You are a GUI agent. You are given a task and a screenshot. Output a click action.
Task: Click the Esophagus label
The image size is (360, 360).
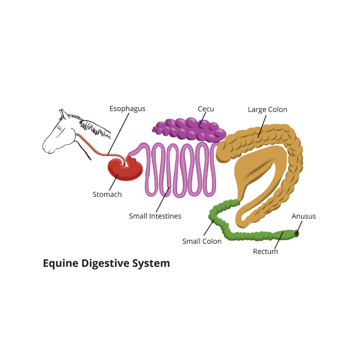pyautogui.click(x=128, y=109)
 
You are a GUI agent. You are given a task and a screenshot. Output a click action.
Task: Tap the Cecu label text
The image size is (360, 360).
pyautogui.click(x=206, y=109)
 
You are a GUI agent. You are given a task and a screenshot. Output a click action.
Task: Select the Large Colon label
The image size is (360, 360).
pyautogui.click(x=267, y=110)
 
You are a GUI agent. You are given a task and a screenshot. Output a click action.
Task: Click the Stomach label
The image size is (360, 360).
pyautogui.click(x=107, y=194)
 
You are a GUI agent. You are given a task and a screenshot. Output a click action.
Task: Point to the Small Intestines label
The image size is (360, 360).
pyautogui.click(x=155, y=216)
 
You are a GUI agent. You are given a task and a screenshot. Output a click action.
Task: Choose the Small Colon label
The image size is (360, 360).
pyautogui.click(x=202, y=241)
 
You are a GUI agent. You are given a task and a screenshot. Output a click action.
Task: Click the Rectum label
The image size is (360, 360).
pyautogui.click(x=265, y=252)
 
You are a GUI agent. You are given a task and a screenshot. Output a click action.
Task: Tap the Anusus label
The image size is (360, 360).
pyautogui.click(x=304, y=216)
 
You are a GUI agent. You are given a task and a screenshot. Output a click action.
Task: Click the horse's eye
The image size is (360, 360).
pyautogui.click(x=60, y=128)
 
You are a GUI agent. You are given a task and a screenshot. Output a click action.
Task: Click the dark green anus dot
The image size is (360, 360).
pyautogui.click(x=297, y=233)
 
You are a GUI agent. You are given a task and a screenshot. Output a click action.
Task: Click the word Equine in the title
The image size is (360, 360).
pyautogui.click(x=60, y=264)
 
